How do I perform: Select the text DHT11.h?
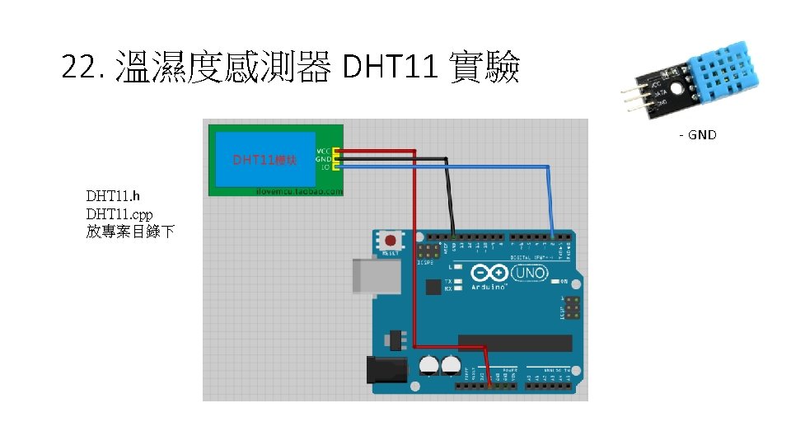[x=114, y=196]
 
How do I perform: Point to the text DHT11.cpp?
[x=119, y=213]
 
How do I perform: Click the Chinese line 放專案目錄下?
[x=130, y=232]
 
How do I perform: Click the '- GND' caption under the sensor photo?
[x=697, y=134]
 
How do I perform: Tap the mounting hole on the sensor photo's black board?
[x=676, y=88]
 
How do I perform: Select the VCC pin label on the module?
[x=323, y=151]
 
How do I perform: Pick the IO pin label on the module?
[x=325, y=166]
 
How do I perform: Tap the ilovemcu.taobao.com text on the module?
[x=298, y=190]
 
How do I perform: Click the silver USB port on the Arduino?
[x=376, y=275]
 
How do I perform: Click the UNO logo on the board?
[x=528, y=273]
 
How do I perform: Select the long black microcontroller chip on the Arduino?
[x=515, y=343]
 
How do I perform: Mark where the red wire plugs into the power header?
[x=489, y=383]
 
